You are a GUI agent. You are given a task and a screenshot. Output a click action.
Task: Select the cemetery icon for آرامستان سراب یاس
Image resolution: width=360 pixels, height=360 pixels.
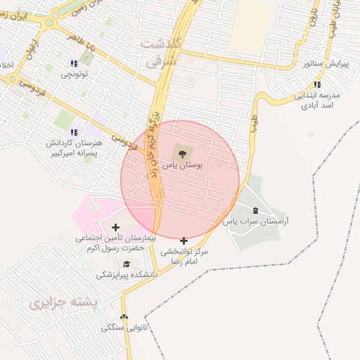pyautogui.click(x=255, y=210)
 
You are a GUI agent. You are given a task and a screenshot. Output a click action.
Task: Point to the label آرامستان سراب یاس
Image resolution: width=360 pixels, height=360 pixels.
pyautogui.click(x=256, y=221)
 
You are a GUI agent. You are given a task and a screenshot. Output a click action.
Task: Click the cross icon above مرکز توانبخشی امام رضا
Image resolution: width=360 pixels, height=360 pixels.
pyautogui.click(x=184, y=240)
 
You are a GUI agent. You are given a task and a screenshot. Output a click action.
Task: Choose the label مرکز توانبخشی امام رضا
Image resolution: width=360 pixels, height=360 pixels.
pyautogui.click(x=184, y=255)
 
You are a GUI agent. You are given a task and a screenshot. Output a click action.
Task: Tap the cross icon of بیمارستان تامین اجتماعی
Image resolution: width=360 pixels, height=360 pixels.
pyautogui.click(x=115, y=227)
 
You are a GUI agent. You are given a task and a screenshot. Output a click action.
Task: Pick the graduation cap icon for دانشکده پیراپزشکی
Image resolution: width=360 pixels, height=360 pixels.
pyautogui.click(x=126, y=264)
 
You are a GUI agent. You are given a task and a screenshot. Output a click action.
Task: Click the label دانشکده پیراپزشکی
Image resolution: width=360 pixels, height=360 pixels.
pyautogui.click(x=127, y=275)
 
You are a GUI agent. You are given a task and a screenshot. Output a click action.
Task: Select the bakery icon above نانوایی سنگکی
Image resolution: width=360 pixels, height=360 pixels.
pyautogui.click(x=124, y=317)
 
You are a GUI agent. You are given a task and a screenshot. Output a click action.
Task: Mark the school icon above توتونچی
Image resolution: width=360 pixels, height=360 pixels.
pyautogui.click(x=74, y=63)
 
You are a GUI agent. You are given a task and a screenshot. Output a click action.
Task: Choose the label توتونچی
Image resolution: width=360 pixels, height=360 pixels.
pyautogui.click(x=74, y=74)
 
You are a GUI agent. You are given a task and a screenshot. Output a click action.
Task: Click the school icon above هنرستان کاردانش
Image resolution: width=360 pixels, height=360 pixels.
pyautogui.click(x=74, y=131)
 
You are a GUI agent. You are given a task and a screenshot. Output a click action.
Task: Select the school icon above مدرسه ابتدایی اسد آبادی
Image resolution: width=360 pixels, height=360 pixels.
pyautogui.click(x=318, y=84)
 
